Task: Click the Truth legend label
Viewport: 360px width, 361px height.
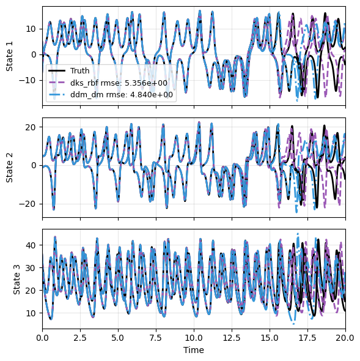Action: tap(79, 71)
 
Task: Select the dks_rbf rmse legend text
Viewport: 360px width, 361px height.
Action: tap(119, 83)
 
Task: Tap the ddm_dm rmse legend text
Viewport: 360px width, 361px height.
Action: tap(122, 95)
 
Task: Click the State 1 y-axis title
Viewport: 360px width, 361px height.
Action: tap(9, 56)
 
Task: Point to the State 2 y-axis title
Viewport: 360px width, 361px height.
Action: tap(9, 168)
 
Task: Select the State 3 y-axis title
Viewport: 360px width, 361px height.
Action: tap(17, 280)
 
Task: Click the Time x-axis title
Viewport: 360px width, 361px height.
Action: tap(194, 350)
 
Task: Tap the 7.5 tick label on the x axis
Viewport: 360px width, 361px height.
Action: tap(156, 338)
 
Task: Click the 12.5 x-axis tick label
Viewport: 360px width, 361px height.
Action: tap(232, 338)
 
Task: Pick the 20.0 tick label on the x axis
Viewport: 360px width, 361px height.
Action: tap(345, 338)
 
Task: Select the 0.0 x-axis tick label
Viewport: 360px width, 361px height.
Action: tap(42, 338)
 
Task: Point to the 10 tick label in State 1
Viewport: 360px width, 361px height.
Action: tap(31, 29)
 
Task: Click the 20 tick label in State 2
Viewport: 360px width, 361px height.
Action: tap(31, 127)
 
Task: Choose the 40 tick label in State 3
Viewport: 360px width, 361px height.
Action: tap(31, 245)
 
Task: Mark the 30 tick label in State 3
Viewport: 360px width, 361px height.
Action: tap(31, 268)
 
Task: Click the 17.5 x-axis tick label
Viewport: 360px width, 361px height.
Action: tap(307, 338)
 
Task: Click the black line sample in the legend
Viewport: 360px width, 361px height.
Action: tap(57, 71)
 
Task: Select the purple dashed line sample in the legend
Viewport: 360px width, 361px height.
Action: tap(57, 83)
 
